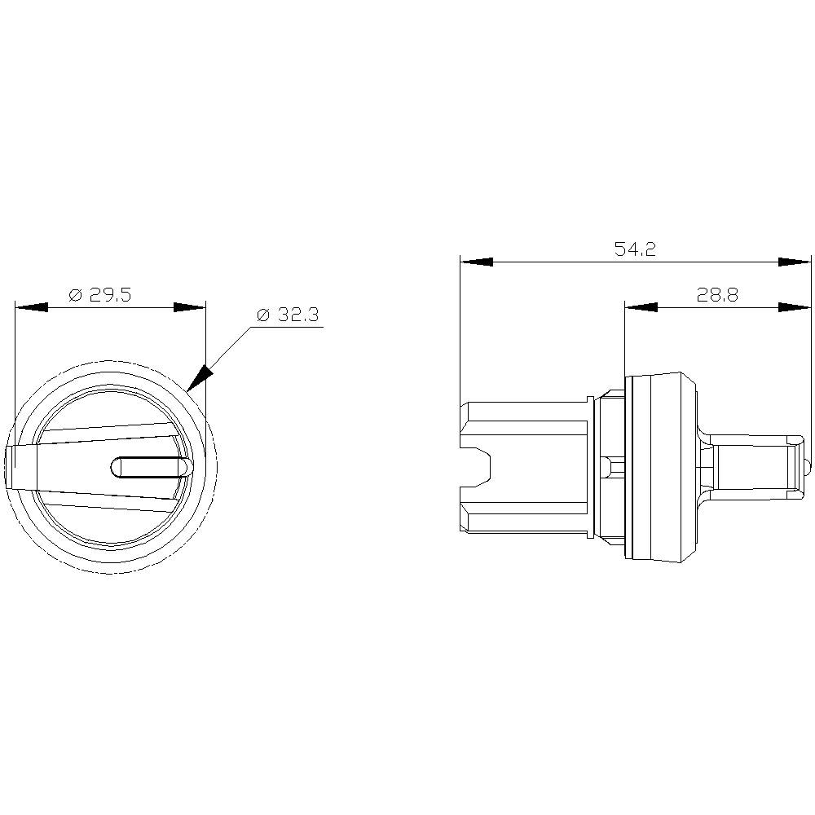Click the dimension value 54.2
635,250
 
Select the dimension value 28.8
717,295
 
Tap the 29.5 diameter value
111,295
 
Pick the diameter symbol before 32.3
262,315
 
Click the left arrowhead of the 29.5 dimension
31,308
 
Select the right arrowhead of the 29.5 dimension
190,308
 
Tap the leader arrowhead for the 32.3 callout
200,377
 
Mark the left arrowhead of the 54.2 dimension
477,262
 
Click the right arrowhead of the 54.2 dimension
795,262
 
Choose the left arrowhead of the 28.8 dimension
641,307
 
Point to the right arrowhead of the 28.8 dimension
795,307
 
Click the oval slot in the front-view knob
151,467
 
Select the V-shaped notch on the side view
477,467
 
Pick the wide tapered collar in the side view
660,467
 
